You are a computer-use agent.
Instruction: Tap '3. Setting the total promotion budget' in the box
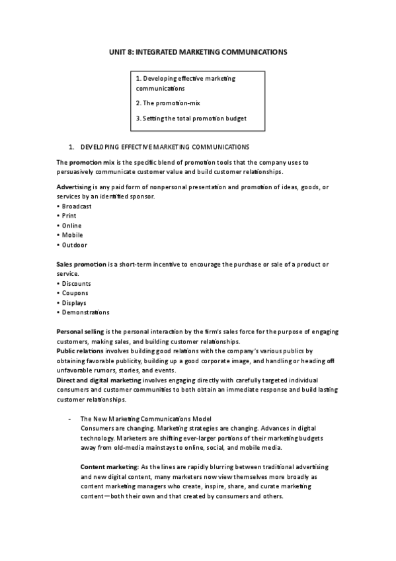click(190, 118)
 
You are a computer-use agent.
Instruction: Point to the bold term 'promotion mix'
click(90, 162)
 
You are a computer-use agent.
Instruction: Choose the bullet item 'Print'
click(68, 216)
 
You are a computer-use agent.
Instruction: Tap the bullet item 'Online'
click(71, 226)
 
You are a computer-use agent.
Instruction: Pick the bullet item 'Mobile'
click(71, 235)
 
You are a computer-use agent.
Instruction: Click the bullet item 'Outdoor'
click(73, 245)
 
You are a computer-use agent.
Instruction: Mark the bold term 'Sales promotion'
click(81, 265)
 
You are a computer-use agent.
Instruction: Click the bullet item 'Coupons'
click(73, 293)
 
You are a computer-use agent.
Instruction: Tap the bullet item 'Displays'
click(73, 302)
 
